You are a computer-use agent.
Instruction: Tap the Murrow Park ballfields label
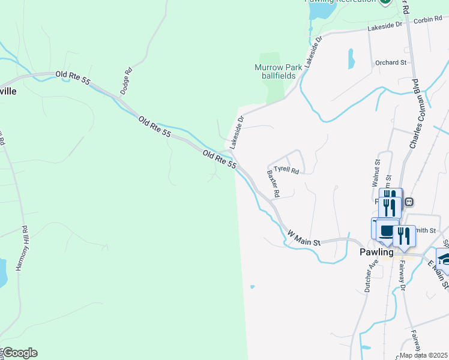click(x=279, y=71)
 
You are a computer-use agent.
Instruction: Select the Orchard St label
click(x=391, y=62)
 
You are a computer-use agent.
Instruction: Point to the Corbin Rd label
click(x=427, y=21)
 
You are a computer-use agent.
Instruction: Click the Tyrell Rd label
click(x=286, y=170)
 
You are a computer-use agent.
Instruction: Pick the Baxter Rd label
click(x=274, y=183)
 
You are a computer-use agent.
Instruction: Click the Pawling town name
click(x=376, y=252)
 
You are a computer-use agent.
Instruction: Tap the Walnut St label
click(x=376, y=171)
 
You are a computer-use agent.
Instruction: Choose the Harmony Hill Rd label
click(x=22, y=248)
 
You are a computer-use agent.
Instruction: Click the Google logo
click(x=19, y=353)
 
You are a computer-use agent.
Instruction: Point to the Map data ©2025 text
click(x=424, y=355)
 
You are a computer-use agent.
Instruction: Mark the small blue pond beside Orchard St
click(x=351, y=58)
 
